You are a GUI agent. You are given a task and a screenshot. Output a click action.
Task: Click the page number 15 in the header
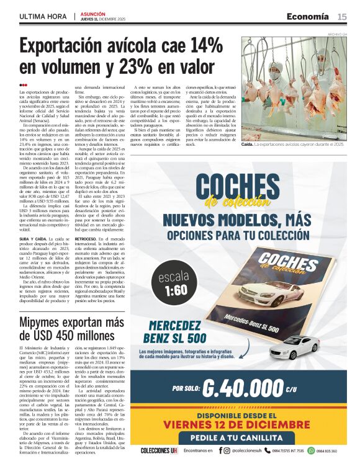[342, 16]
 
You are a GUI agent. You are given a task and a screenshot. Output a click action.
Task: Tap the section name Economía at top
[308, 16]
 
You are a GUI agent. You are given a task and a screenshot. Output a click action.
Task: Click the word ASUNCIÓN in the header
[93, 13]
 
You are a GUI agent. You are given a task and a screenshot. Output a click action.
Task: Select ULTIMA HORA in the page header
[42, 16]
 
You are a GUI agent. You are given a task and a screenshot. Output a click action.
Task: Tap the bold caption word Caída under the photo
[247, 144]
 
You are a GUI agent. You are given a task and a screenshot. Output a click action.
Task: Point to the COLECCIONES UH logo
[158, 450]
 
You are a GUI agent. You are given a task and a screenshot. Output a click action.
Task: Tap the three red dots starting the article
[23, 85]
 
